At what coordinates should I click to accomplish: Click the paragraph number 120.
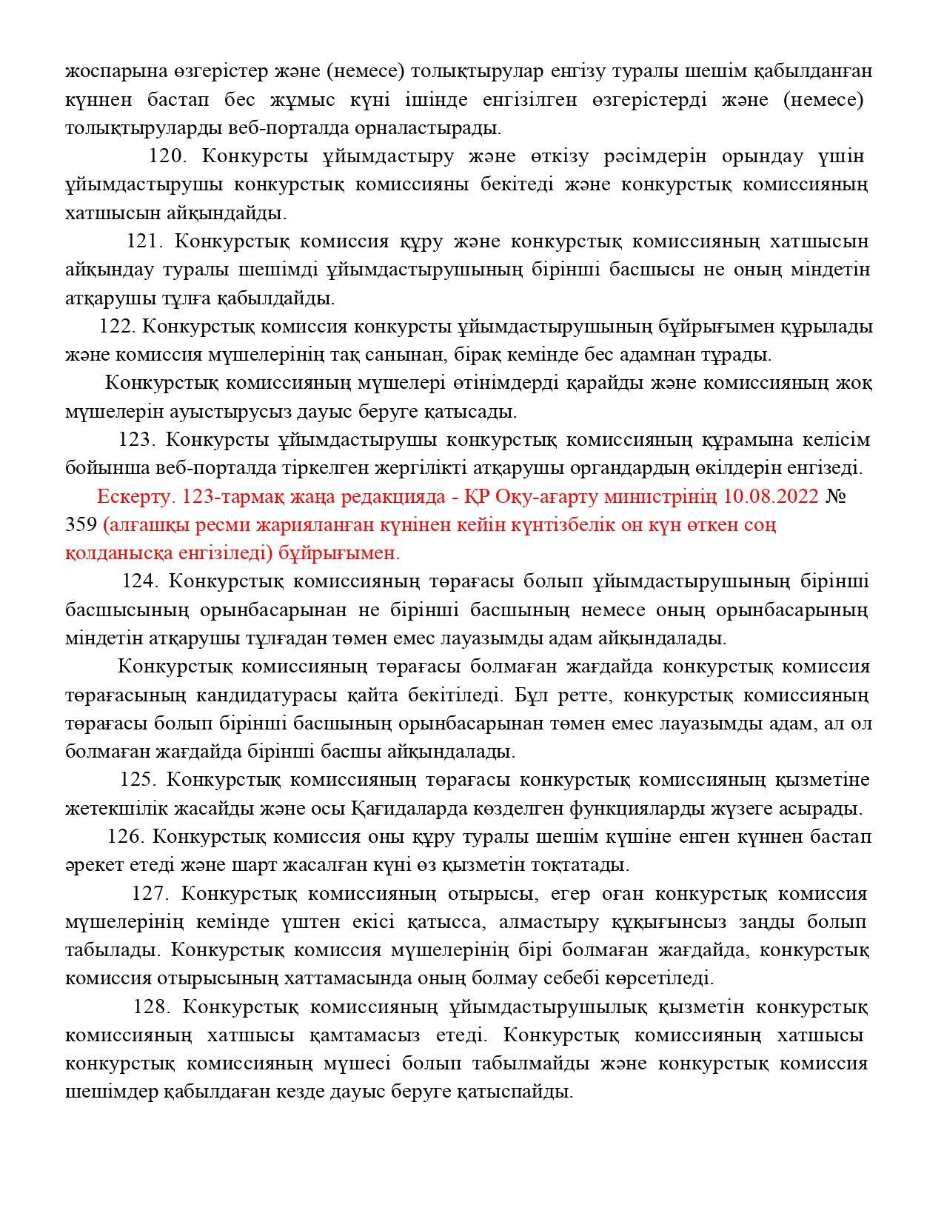pos(169,157)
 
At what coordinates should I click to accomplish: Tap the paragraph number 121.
pos(144,241)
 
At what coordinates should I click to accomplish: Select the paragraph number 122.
pos(117,327)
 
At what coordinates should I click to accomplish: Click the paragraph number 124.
pos(140,581)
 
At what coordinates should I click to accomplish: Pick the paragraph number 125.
pos(138,780)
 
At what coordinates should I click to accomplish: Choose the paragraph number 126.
pos(125,837)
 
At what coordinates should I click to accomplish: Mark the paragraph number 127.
pos(151,894)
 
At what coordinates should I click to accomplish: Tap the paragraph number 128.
pos(152,1007)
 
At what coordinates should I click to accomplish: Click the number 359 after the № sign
pos(81,525)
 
